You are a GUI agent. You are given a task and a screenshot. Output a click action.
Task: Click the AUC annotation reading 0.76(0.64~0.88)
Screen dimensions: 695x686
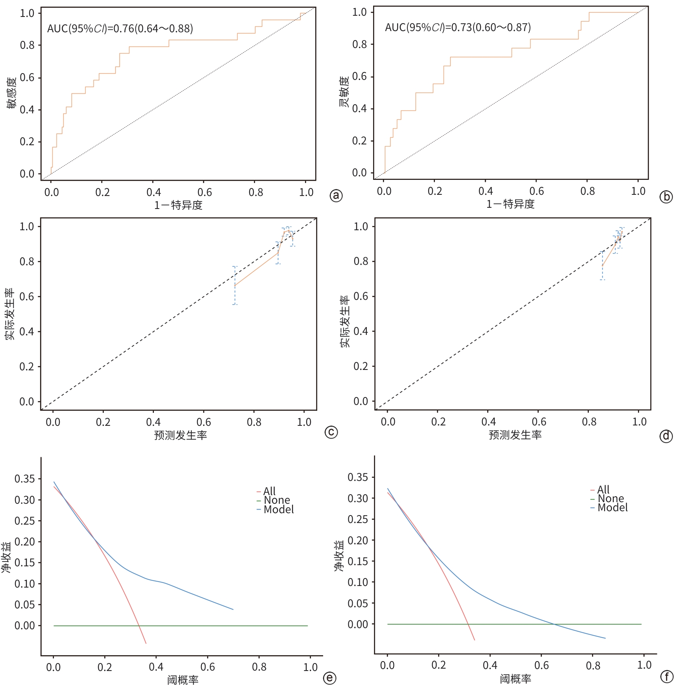click(120, 29)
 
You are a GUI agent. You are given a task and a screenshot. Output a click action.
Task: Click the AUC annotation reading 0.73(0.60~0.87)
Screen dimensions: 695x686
click(458, 28)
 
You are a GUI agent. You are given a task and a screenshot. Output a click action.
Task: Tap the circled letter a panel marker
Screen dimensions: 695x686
click(336, 196)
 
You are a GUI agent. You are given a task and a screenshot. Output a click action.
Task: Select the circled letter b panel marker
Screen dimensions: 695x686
click(666, 197)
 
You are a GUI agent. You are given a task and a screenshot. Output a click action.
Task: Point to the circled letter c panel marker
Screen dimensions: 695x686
click(331, 432)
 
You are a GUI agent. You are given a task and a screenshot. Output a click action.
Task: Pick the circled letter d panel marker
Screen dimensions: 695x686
click(666, 436)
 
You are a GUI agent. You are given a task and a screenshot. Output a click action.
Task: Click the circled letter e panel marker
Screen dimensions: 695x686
click(329, 678)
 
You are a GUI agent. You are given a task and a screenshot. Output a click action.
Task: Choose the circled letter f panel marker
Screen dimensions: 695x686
click(667, 677)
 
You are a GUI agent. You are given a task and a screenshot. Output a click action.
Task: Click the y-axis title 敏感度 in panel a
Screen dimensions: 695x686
click(11, 93)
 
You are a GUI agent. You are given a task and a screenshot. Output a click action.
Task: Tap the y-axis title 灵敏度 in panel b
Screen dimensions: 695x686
click(344, 92)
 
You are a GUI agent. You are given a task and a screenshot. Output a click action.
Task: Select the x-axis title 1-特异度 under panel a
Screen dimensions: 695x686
click(178, 205)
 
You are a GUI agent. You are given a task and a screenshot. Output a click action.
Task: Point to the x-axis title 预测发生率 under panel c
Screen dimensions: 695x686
click(180, 435)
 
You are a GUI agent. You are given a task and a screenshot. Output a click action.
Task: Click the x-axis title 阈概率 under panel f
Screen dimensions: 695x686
click(516, 679)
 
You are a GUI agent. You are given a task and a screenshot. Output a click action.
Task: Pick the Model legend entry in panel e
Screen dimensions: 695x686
click(278, 510)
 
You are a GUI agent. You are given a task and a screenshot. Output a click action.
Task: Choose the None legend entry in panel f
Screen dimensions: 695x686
click(610, 499)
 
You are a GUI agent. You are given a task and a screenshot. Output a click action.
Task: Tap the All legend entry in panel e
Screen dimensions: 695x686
click(269, 491)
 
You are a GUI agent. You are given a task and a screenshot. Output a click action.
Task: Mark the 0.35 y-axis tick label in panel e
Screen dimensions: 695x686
click(25, 479)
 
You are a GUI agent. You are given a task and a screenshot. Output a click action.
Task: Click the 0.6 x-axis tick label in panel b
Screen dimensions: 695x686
click(536, 191)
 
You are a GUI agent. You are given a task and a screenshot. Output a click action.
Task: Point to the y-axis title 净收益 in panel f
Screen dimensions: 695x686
click(339, 556)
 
